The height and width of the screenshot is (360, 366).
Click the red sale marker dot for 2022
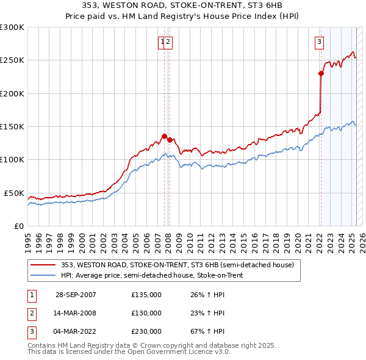(x=321, y=74)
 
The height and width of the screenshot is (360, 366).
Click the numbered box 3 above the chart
(x=319, y=42)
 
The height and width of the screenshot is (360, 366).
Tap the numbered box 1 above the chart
(x=162, y=42)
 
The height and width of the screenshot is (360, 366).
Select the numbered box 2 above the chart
(x=168, y=42)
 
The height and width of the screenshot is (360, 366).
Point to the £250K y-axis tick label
(x=12, y=60)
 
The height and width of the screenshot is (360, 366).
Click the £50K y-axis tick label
(x=14, y=193)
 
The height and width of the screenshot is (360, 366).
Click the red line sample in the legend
(x=43, y=265)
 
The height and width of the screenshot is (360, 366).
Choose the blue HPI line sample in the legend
(x=43, y=276)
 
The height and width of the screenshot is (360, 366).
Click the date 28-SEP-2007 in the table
(x=76, y=295)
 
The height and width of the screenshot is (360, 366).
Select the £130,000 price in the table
(x=146, y=313)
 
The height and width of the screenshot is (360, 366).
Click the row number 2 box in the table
(x=31, y=313)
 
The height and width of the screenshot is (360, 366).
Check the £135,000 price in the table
(x=146, y=295)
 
